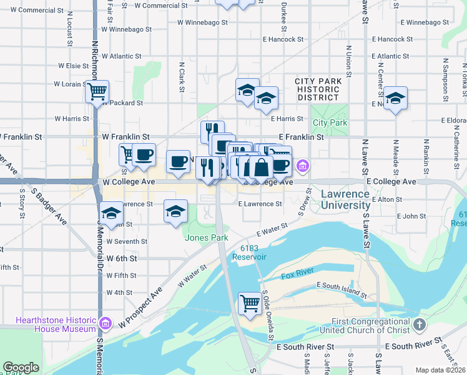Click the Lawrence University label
click(345, 199)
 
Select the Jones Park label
click(206, 237)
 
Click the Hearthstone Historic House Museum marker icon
click(106, 324)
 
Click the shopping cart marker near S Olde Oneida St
click(250, 304)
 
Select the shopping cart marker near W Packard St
click(97, 92)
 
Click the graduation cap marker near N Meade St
click(395, 98)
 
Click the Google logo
click(21, 367)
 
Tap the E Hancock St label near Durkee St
click(283, 39)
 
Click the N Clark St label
click(182, 76)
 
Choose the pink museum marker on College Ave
click(303, 166)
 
